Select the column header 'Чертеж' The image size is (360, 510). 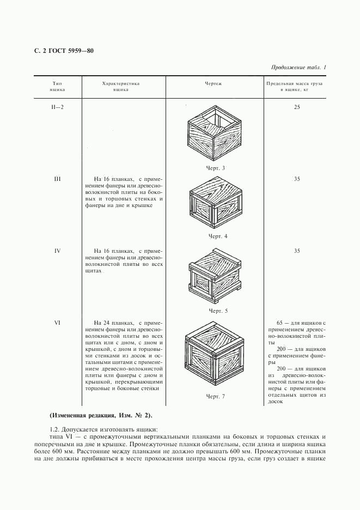pos(213,84)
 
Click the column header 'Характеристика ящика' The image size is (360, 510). pos(121,87)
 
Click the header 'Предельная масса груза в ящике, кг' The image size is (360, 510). pos(295,87)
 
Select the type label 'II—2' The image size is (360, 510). pos(57,107)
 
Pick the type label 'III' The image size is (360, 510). pos(57,179)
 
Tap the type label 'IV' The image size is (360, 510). pos(57,251)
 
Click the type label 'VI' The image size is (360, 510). pos(57,323)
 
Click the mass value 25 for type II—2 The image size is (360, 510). pos(297,107)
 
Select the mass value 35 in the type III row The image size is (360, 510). pos(297,179)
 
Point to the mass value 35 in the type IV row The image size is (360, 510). pos(297,251)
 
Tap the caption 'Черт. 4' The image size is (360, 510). pos(218,236)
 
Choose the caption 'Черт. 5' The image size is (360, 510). pos(218,311)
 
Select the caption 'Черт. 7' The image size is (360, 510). pos(216,396)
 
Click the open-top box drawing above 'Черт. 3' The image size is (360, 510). pos(213,136)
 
